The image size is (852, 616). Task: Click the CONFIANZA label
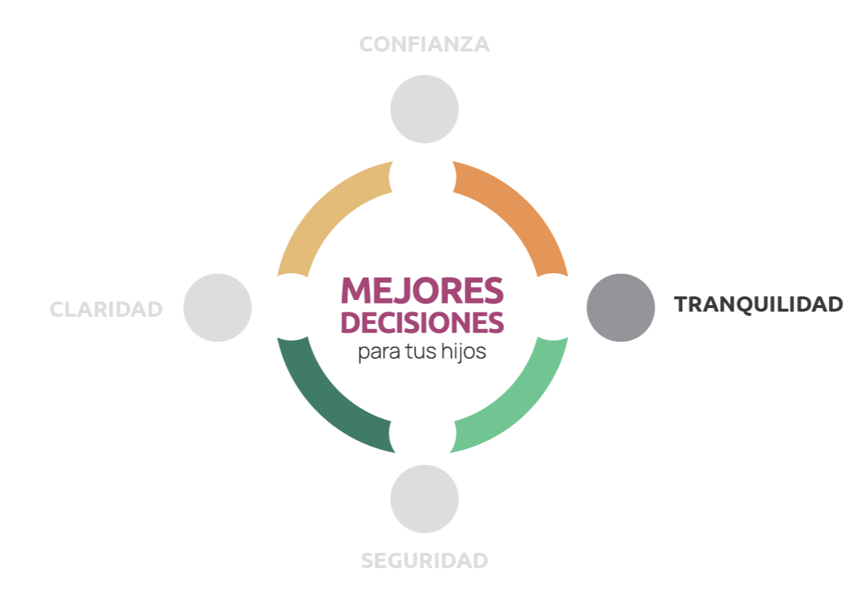[x=424, y=44]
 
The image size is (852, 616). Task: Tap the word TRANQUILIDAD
[x=758, y=304]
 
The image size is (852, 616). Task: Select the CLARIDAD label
[x=106, y=309]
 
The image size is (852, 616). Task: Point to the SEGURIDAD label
[x=424, y=561]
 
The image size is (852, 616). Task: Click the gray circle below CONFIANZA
[x=424, y=109]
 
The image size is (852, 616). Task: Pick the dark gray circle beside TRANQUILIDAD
[x=620, y=307]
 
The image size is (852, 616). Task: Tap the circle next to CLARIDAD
[x=217, y=307]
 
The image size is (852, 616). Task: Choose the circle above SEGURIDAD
[x=424, y=499]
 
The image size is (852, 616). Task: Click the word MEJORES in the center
[x=422, y=291]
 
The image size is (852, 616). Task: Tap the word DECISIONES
[x=422, y=323]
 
